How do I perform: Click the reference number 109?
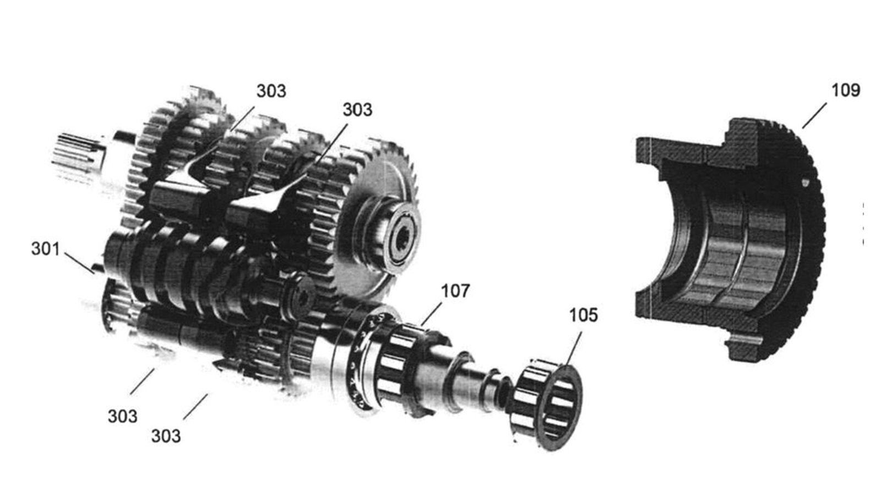pos(846,90)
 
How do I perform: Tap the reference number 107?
pos(455,292)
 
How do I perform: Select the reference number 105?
pos(584,315)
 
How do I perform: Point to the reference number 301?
pos(46,249)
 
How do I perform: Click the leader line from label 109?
pos(814,116)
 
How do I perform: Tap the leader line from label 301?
pos(79,263)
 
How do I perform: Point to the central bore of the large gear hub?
pos(403,238)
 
